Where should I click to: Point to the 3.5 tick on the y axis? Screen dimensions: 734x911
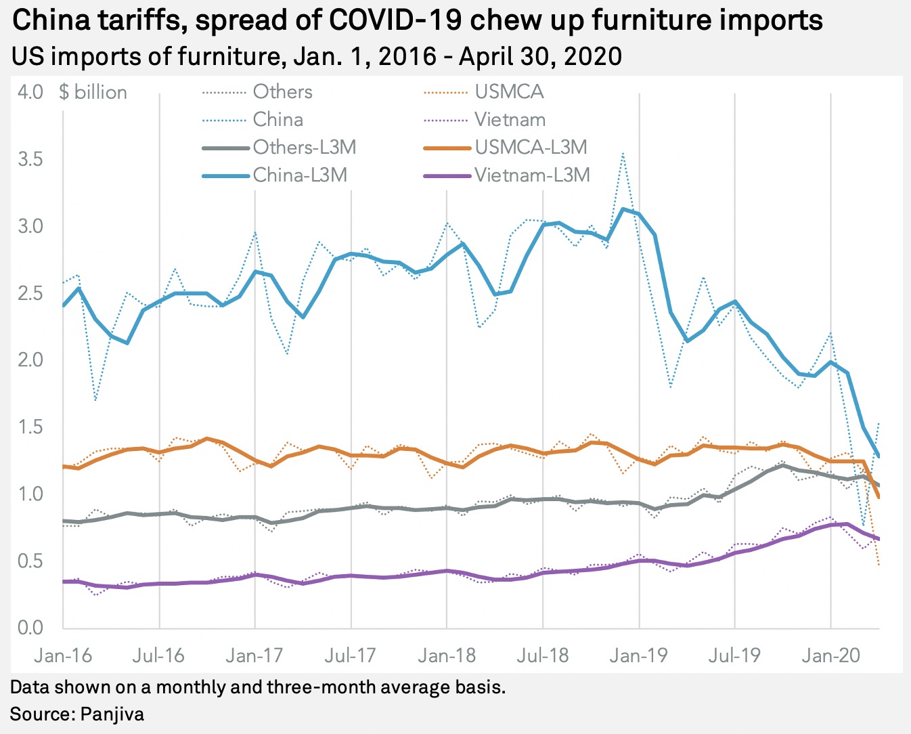30,160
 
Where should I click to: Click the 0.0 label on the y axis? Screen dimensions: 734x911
30,628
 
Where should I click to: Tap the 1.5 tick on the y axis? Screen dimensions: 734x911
30,427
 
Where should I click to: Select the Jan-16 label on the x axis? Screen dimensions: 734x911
63,655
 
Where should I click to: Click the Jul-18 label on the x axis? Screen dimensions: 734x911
542,655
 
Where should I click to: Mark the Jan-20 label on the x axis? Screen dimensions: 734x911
830,655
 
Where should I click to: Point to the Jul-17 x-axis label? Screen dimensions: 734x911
351,655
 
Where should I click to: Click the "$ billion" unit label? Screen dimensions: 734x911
93,92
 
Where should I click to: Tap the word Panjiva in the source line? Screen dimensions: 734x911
112,714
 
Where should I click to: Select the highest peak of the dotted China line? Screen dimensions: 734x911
623,154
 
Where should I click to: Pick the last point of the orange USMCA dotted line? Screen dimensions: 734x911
879,565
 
